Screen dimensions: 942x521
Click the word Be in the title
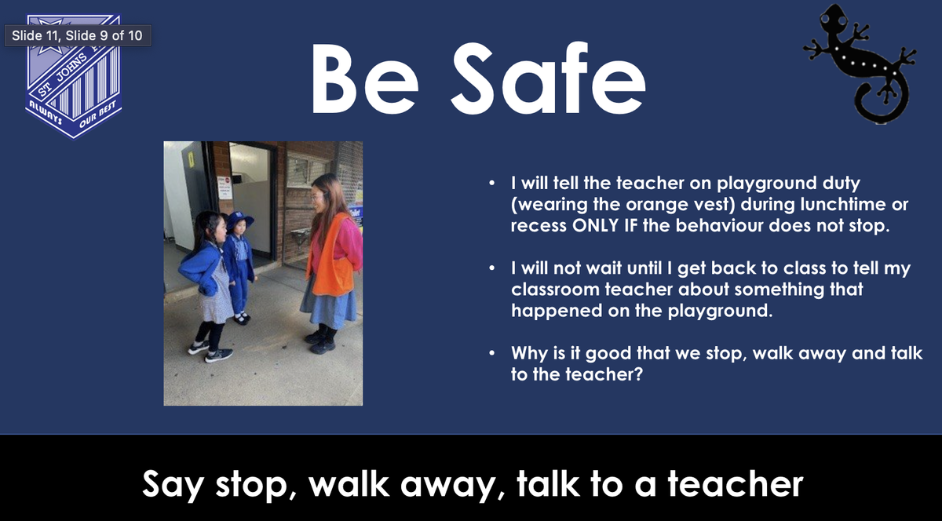point(365,78)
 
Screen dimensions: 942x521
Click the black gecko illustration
point(860,63)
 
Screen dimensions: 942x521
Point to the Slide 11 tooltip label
point(78,35)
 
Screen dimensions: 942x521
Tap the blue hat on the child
point(239,220)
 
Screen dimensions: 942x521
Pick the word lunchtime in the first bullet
point(844,204)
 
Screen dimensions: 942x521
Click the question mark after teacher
point(638,374)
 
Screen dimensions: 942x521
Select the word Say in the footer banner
point(173,485)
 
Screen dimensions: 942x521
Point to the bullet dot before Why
point(491,353)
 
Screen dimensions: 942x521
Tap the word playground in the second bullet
point(720,312)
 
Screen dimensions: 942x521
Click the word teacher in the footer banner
point(736,484)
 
